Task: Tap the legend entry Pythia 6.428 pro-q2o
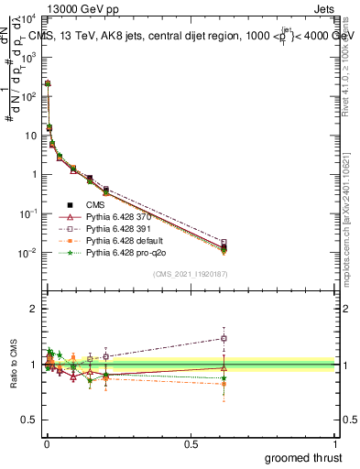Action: tap(125, 251)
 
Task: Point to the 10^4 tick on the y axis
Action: tap(27, 17)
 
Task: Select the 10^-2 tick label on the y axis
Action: tap(27, 253)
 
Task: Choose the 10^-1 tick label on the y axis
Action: tap(27, 213)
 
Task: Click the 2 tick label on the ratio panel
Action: tap(34, 309)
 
